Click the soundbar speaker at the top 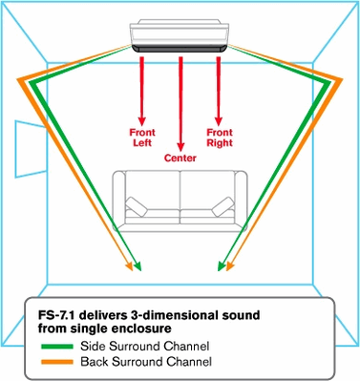pos(180,36)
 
